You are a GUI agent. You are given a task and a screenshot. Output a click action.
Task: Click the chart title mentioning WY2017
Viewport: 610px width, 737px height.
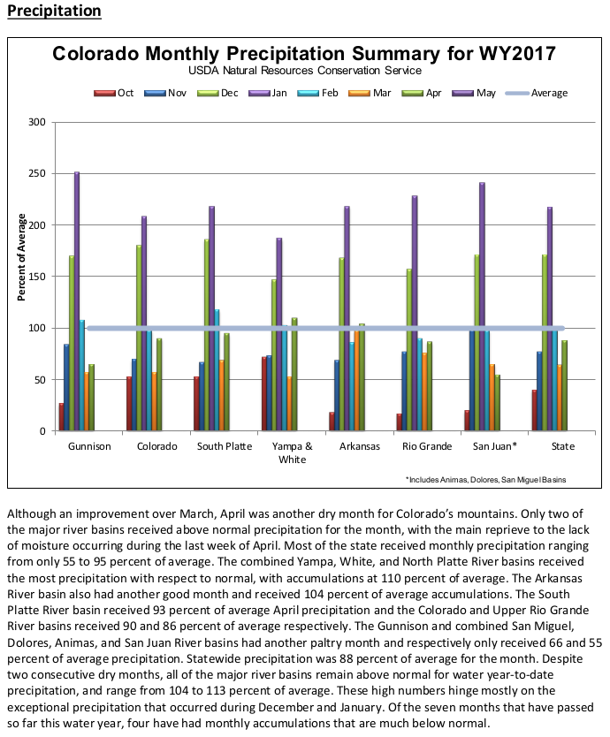click(304, 53)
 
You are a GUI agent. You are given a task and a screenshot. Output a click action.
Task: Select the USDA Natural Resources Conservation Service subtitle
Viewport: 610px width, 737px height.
click(303, 70)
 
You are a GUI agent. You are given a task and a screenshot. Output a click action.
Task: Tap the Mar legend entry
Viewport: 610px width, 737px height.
click(378, 92)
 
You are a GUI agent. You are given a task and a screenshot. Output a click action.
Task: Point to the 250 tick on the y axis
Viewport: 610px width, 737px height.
click(36, 173)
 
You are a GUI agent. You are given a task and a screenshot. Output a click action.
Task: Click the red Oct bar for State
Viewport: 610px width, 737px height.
click(533, 410)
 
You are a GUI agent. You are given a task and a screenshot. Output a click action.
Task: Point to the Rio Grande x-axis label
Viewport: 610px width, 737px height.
click(426, 446)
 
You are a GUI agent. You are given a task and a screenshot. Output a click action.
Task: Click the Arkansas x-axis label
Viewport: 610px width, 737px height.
click(358, 446)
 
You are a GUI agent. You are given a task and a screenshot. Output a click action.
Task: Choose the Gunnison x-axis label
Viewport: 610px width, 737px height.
click(89, 446)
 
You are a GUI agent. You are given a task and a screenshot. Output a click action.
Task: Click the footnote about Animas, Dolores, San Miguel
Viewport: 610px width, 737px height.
click(485, 479)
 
